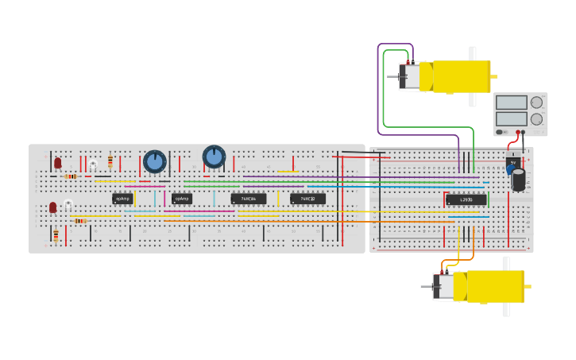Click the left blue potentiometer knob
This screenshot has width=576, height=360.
point(155,162)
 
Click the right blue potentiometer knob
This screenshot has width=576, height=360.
point(214,157)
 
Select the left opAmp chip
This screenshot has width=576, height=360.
point(122,199)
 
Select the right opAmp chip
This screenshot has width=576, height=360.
point(182,199)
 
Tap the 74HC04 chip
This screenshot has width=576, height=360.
point(248,199)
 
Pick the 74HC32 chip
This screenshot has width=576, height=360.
point(307,199)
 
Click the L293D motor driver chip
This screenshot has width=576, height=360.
point(466,199)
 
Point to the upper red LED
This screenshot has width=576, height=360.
point(58,162)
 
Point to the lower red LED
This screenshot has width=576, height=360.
point(53,207)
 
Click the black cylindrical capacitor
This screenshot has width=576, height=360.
point(519,180)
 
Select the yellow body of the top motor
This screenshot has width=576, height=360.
point(461,76)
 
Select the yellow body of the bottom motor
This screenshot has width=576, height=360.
point(495,287)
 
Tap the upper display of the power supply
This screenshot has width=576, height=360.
point(511,103)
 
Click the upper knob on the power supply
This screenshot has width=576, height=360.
point(537,102)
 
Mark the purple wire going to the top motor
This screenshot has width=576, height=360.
point(378,87)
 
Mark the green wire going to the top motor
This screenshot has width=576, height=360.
point(384,87)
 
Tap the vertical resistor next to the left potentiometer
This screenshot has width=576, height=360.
point(110,161)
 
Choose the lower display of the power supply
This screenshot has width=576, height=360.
point(511,119)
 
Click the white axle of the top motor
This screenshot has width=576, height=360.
point(473,54)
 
